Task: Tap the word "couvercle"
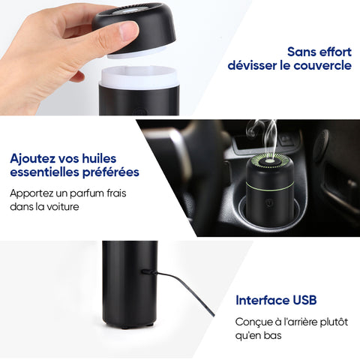(x=322, y=65)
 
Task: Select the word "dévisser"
(x=252, y=65)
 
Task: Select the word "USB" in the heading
(x=304, y=300)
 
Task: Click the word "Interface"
(x=262, y=300)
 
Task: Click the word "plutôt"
(x=334, y=322)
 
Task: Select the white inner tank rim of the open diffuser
(x=140, y=77)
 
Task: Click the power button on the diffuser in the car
(x=269, y=202)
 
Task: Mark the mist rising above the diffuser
(x=265, y=137)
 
